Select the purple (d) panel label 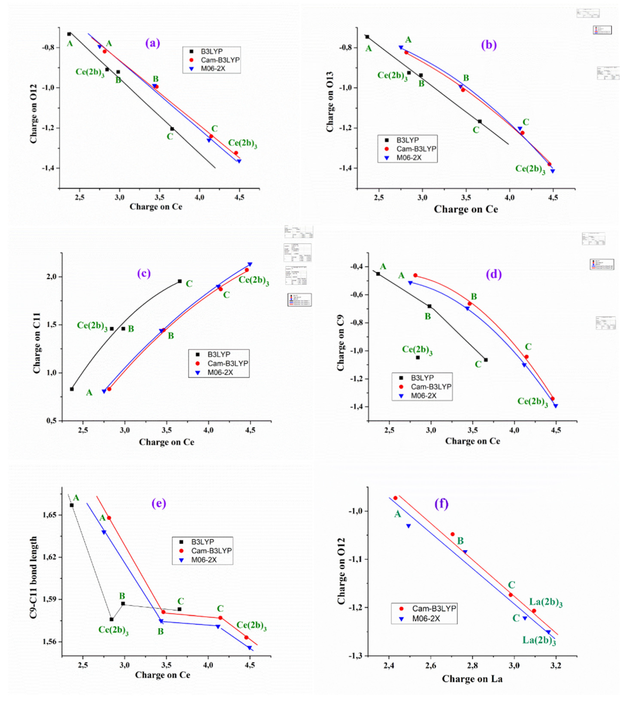(493, 274)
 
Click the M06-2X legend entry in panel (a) (212, 68)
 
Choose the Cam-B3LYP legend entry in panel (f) (434, 608)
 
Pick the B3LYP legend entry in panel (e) (203, 542)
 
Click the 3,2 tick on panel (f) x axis (555, 665)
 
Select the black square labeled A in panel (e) (72, 505)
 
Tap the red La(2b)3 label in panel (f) (546, 603)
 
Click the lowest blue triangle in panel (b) (552, 171)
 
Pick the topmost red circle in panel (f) (395, 498)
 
